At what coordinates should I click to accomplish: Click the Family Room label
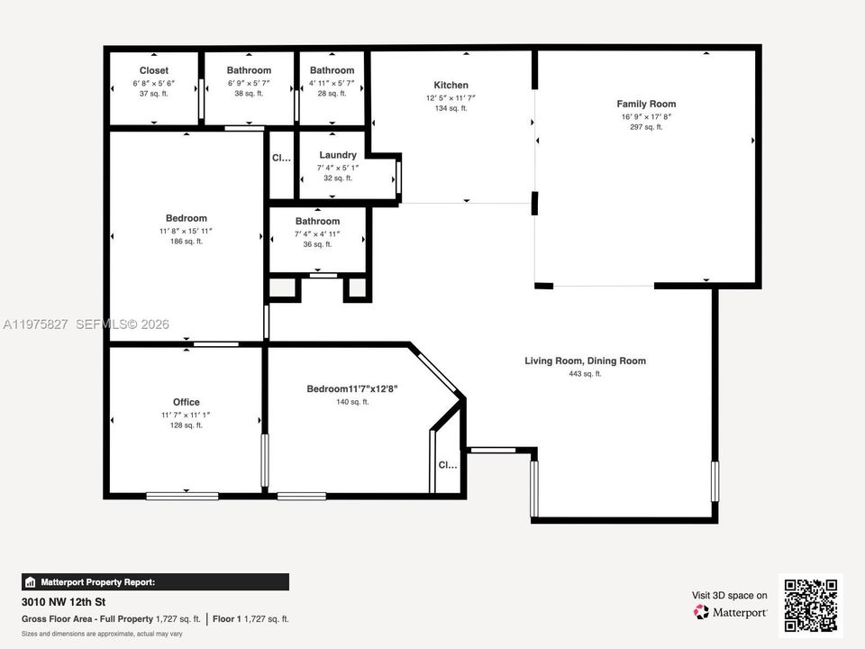click(x=646, y=105)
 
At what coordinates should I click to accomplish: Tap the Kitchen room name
click(x=451, y=86)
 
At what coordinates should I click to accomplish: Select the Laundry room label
click(x=338, y=155)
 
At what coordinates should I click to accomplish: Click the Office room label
click(x=187, y=402)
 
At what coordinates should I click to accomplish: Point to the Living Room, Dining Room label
click(x=585, y=361)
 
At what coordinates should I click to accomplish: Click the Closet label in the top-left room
click(x=154, y=70)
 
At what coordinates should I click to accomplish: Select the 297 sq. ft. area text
click(x=646, y=127)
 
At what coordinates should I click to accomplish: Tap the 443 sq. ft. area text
click(x=585, y=373)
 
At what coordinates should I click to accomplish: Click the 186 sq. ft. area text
click(x=187, y=241)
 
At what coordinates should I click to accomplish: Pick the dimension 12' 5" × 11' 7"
click(x=451, y=97)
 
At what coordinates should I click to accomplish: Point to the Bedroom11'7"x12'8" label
click(x=352, y=389)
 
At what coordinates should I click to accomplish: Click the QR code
click(x=811, y=606)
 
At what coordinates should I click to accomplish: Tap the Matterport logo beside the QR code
click(x=731, y=612)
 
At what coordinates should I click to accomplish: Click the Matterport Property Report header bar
click(x=155, y=582)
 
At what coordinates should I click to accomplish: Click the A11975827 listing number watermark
click(x=35, y=324)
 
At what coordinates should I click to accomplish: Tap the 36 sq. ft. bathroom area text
click(x=317, y=244)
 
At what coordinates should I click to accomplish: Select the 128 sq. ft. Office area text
click(x=187, y=425)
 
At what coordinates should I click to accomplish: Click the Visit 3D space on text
click(x=730, y=595)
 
